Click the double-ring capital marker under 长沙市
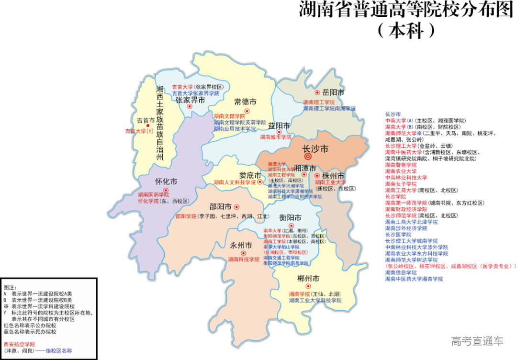pyautogui.click(x=308, y=157)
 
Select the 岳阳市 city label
pyautogui.click(x=334, y=92)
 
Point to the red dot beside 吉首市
pyautogui.click(x=147, y=125)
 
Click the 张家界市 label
pyautogui.click(x=190, y=100)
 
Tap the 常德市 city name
pyautogui.click(x=245, y=101)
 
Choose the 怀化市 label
pyautogui.click(x=166, y=182)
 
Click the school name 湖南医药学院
pyautogui.click(x=153, y=195)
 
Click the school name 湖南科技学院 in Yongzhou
pyautogui.click(x=243, y=259)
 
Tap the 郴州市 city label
pyautogui.click(x=308, y=279)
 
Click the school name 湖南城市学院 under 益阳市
pyautogui.click(x=276, y=137)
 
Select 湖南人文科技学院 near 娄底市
pyautogui.click(x=235, y=182)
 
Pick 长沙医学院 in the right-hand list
pyautogui.click(x=398, y=235)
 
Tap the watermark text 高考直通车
pyautogui.click(x=477, y=341)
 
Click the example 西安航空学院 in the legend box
pyautogui.click(x=19, y=344)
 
